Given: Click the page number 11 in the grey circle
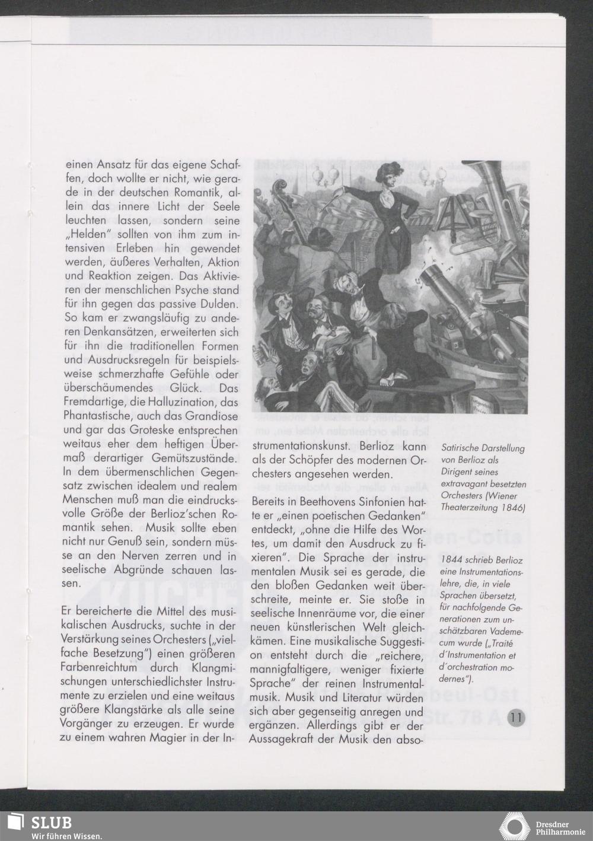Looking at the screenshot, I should pyautogui.click(x=516, y=716).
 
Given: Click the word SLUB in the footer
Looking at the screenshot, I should pyautogui.click(x=51, y=823).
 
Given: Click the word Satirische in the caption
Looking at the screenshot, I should pyautogui.click(x=463, y=448).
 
